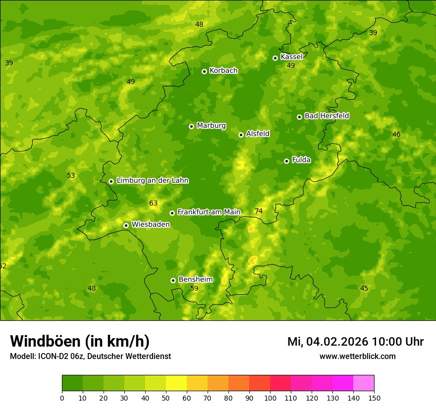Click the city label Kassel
pyautogui.click(x=291, y=57)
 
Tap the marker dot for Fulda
pyautogui.click(x=286, y=161)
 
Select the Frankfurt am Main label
pyautogui.click(x=209, y=212)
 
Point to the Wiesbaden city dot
pyautogui.click(x=126, y=225)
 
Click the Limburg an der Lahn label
pyautogui.click(x=152, y=181)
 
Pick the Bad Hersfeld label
pyautogui.click(x=327, y=116)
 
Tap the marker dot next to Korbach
pyautogui.click(x=204, y=71)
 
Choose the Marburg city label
pyautogui.click(x=211, y=126)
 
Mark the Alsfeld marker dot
pyautogui.click(x=241, y=135)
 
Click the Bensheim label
pyautogui.click(x=195, y=280)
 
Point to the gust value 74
pyautogui.click(x=259, y=211)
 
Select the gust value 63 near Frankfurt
pyautogui.click(x=154, y=203)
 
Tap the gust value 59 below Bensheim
pyautogui.click(x=194, y=288)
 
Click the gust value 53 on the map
pyautogui.click(x=71, y=176)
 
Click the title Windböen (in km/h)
pyautogui.click(x=80, y=341)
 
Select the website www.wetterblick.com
pyautogui.click(x=357, y=356)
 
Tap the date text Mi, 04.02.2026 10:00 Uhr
pyautogui.click(x=355, y=342)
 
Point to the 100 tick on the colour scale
pyautogui.click(x=270, y=398)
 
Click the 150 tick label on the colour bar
pyautogui.click(x=374, y=398)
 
